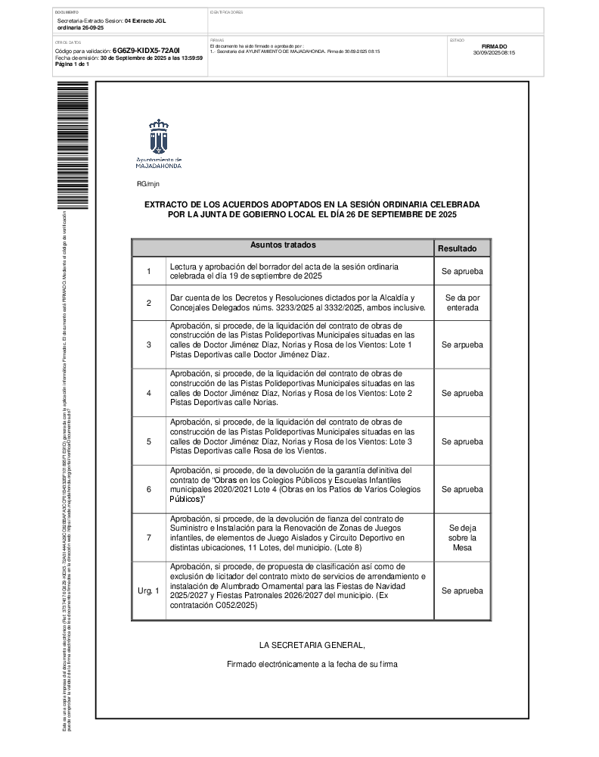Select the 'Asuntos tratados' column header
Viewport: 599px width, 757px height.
pyautogui.click(x=283, y=246)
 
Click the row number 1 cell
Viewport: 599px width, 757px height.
pyautogui.click(x=149, y=271)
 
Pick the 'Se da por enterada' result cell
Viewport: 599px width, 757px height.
pyautogui.click(x=462, y=303)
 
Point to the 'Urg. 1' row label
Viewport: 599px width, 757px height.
pyautogui.click(x=149, y=590)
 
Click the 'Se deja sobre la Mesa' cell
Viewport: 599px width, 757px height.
pyautogui.click(x=462, y=537)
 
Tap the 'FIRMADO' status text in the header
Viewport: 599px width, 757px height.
pyautogui.click(x=494, y=46)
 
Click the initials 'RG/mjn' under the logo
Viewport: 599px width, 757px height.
pyautogui.click(x=148, y=184)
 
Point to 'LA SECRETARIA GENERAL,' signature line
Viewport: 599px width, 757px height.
pyautogui.click(x=312, y=646)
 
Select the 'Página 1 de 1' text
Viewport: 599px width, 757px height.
pyautogui.click(x=73, y=64)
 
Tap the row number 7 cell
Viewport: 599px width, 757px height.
pyautogui.click(x=149, y=537)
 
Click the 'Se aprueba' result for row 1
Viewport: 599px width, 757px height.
pyautogui.click(x=462, y=271)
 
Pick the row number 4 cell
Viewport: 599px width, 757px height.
pyautogui.click(x=149, y=393)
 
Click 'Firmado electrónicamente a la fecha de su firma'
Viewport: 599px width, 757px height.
pyautogui.click(x=312, y=664)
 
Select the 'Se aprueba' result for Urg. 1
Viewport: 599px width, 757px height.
pyautogui.click(x=462, y=590)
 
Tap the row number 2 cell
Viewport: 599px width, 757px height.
pyautogui.click(x=149, y=303)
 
